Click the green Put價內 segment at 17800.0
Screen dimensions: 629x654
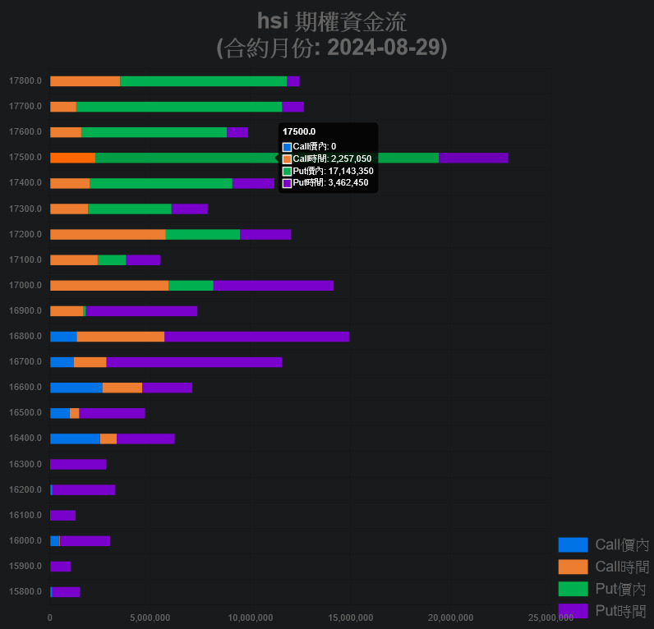203,81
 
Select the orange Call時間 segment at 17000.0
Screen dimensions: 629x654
109,286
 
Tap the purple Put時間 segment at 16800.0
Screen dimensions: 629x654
256,337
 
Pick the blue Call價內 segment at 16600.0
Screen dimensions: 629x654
76,388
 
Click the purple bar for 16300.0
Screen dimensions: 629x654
78,465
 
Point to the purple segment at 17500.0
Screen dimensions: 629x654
473,158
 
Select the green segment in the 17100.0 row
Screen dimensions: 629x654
112,260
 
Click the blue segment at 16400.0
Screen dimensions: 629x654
75,438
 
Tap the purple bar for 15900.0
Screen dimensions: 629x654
60,567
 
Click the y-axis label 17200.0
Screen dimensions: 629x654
25,235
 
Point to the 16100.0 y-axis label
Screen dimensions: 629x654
25,516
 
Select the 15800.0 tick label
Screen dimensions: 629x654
25,592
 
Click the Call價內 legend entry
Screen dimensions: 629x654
603,544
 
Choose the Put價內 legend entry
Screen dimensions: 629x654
603,589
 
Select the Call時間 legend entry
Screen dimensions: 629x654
603,567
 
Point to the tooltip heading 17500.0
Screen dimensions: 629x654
299,131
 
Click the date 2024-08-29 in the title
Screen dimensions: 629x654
387,48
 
